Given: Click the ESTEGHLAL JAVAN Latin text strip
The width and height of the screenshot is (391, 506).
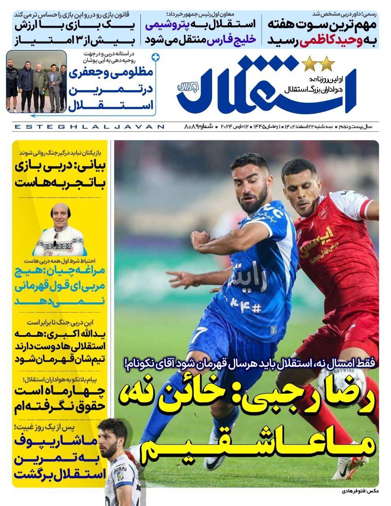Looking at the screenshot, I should [89, 127].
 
